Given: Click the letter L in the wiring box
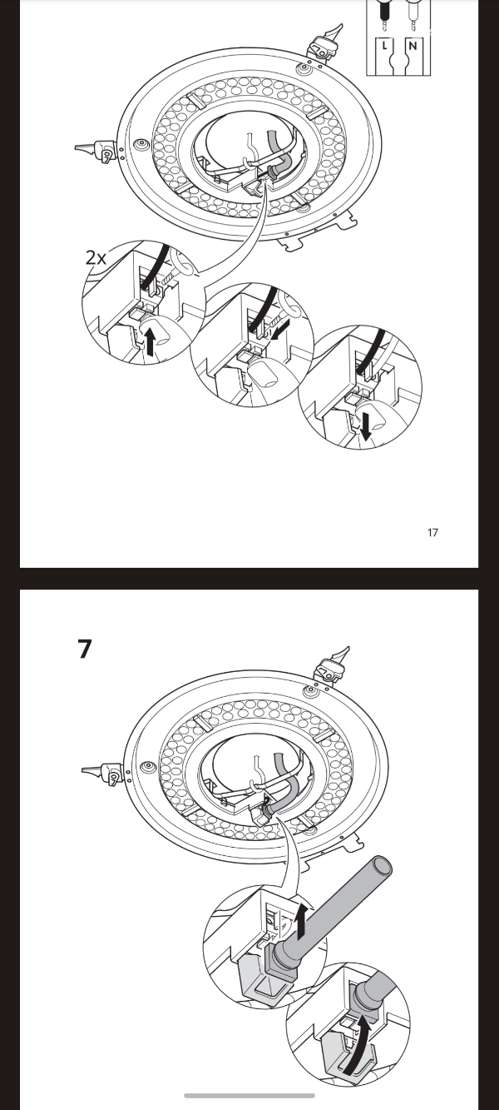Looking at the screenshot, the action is point(384,46).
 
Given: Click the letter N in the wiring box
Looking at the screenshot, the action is point(413,46).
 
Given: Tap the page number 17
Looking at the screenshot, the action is point(432,533).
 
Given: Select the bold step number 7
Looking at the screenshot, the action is point(85,649).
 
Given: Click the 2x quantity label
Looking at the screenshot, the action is point(96,257).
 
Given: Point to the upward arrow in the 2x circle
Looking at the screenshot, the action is point(150,342).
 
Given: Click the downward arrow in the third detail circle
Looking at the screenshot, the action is point(366,426).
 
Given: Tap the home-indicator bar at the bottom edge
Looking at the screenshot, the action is point(249,1096).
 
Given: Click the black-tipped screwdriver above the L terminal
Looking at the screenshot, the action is point(384,13).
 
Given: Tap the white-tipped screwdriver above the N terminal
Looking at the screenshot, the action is point(412,13).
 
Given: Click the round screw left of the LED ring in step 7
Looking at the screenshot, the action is point(147,768).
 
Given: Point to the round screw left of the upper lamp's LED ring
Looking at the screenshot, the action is point(141,143).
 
